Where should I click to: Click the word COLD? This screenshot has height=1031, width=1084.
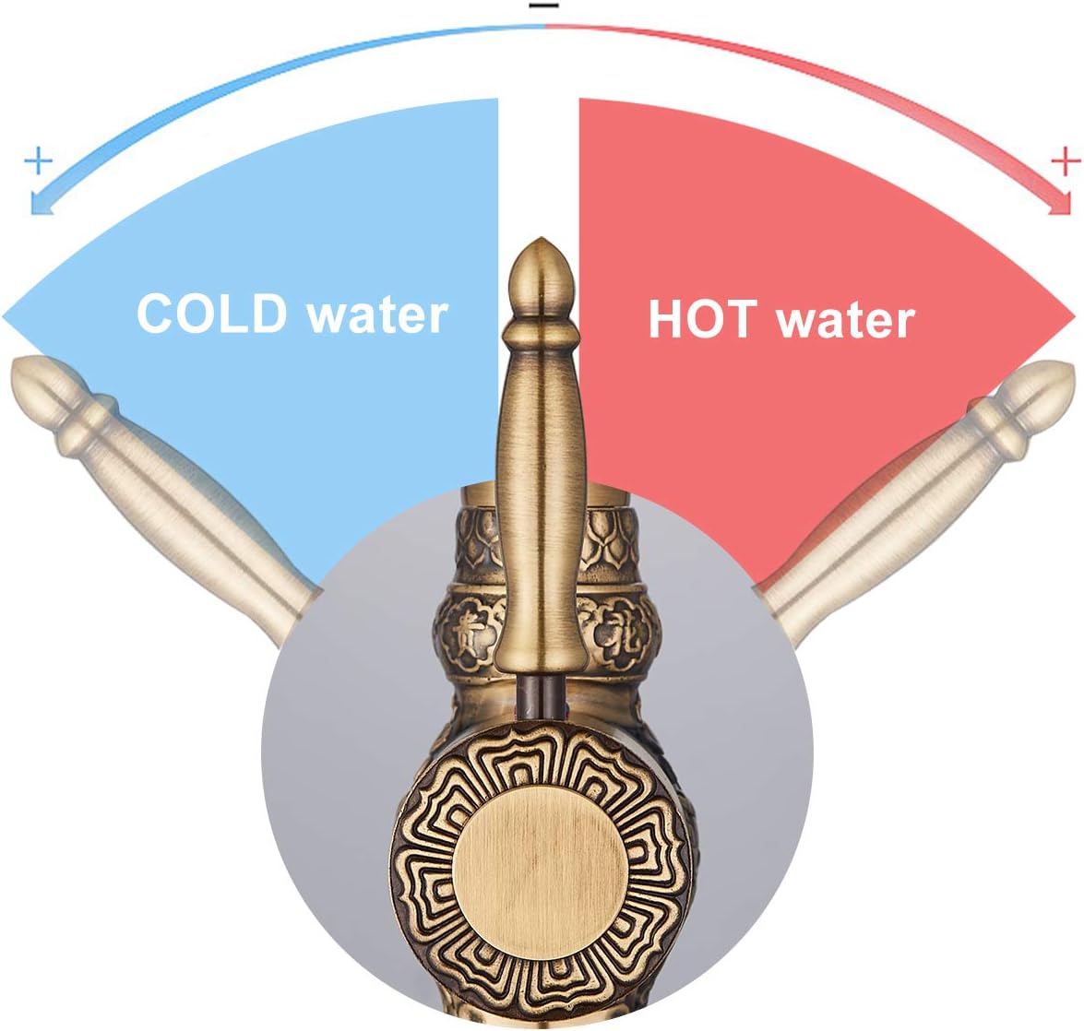211,314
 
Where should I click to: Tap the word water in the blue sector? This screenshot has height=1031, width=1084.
377,316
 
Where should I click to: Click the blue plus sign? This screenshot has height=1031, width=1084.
38,162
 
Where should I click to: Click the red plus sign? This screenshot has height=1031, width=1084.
1066,162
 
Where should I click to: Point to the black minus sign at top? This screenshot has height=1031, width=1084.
543,6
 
